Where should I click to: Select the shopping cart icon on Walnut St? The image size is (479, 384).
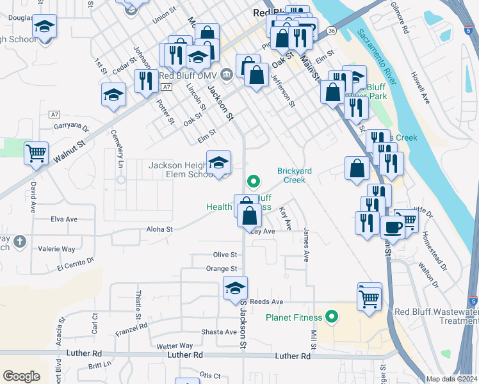[37, 153]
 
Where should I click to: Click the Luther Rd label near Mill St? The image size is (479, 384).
[293, 356]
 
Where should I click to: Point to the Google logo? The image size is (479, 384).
[21, 376]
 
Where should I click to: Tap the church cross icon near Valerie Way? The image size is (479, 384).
[20, 241]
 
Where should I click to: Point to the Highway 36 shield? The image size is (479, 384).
[330, 31]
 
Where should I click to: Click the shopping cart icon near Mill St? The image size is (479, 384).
[369, 296]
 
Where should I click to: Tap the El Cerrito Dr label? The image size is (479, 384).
[75, 264]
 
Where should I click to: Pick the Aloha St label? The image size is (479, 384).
[159, 228]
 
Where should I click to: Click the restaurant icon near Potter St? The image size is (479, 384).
[145, 81]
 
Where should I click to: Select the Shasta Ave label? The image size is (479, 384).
[219, 332]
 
